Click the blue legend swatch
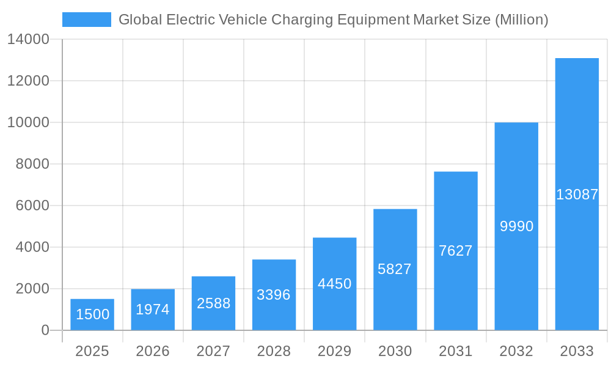[x=86, y=20]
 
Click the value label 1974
[x=153, y=310]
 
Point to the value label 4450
[x=334, y=284]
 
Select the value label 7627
[x=456, y=251]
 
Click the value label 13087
[x=577, y=195]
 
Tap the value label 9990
[x=516, y=226]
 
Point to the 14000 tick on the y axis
[x=28, y=39]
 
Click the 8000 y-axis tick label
[x=32, y=164]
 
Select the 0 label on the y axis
[x=45, y=330]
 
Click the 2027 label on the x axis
[x=213, y=351]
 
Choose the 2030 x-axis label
[x=395, y=351]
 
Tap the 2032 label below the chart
[x=516, y=351]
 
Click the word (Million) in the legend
[x=521, y=20]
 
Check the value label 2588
[x=213, y=303]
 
